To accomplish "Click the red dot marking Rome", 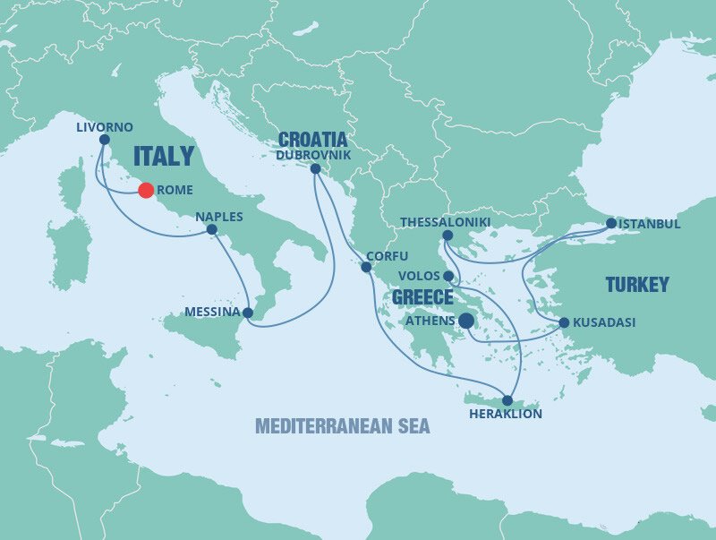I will pyautogui.click(x=145, y=190).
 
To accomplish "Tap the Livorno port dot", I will pyautogui.click(x=105, y=140).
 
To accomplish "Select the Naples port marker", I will pyautogui.click(x=212, y=229).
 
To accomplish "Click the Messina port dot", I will pyautogui.click(x=248, y=313).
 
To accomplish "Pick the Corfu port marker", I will pyautogui.click(x=366, y=267).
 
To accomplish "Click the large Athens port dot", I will pyautogui.click(x=466, y=321).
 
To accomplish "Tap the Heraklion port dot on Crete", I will pyautogui.click(x=507, y=400).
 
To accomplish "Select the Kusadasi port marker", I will pyautogui.click(x=564, y=322).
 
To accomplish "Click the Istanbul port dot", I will pyautogui.click(x=610, y=223).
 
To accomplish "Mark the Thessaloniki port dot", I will pyautogui.click(x=447, y=236).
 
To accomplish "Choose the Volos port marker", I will pyautogui.click(x=447, y=276).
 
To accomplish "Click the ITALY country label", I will pyautogui.click(x=163, y=157).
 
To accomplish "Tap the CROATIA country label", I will pyautogui.click(x=312, y=140).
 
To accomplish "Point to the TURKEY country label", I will pyautogui.click(x=637, y=285).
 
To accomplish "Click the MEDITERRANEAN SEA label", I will pyautogui.click(x=342, y=425).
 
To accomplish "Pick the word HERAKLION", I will pyautogui.click(x=506, y=416).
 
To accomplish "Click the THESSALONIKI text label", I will pyautogui.click(x=446, y=221).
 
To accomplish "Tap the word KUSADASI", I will pyautogui.click(x=606, y=322).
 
